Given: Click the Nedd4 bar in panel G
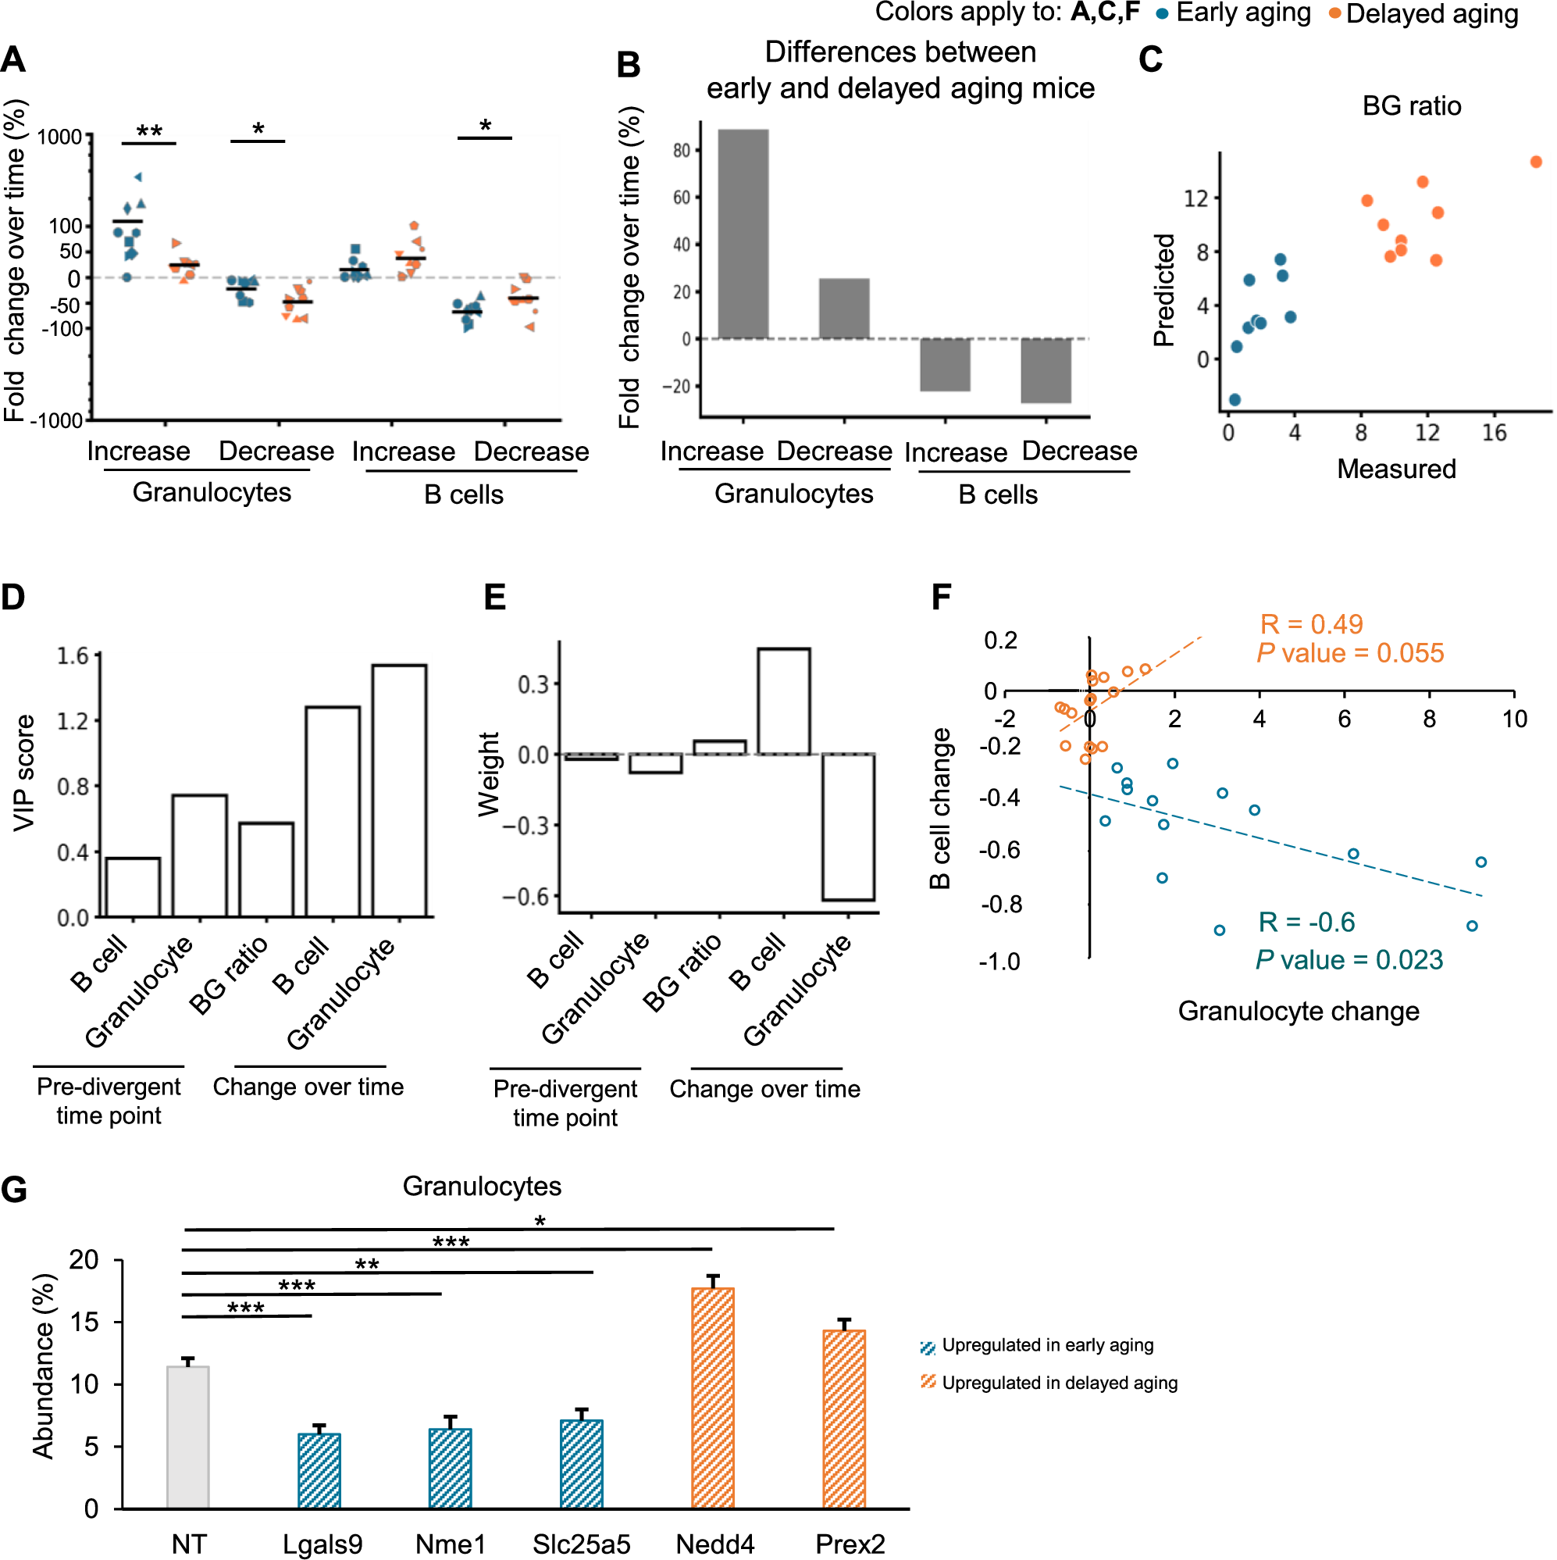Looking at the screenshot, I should tap(712, 1398).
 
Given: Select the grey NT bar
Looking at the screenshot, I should tap(187, 1437).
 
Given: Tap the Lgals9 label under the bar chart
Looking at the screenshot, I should tap(322, 1544).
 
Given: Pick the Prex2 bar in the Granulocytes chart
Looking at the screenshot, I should tap(843, 1419).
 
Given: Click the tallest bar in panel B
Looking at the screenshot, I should tap(743, 234).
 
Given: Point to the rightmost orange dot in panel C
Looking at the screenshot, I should tap(1535, 162).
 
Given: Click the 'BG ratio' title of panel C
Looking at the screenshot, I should tap(1411, 105).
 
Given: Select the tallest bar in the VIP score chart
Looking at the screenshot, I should tap(399, 791).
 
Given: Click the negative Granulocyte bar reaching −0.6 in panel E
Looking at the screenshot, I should tap(847, 826).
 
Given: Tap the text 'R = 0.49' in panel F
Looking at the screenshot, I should tap(1311, 624).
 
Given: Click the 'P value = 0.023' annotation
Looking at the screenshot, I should tap(1349, 960).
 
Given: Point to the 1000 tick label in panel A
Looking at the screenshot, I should tap(59, 137).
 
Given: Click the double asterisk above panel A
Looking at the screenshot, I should tap(149, 130).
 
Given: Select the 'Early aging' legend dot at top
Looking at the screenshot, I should tap(1163, 14).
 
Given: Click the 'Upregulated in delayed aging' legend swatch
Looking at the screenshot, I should tap(928, 1383).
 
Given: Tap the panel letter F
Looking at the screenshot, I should tap(941, 598).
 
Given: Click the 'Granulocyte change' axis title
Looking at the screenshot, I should tap(1298, 1011).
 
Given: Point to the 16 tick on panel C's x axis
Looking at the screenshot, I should tap(1494, 434).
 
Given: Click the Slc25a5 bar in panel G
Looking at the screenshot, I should tap(581, 1465).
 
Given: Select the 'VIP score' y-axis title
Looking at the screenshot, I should tap(24, 773).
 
